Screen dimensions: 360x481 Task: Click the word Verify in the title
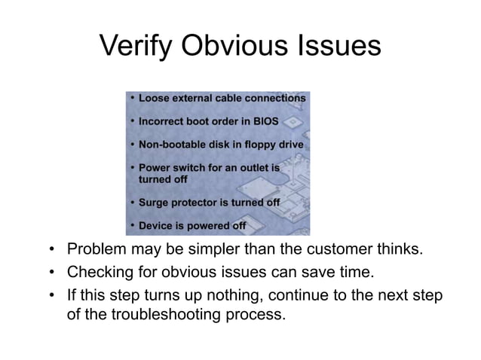coord(136,48)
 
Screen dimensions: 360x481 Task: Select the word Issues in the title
coord(340,48)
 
